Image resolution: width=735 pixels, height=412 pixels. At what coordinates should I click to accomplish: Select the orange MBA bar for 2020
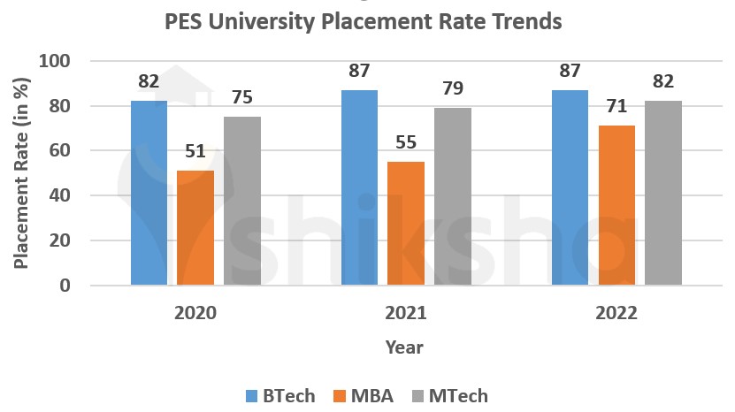[x=195, y=227]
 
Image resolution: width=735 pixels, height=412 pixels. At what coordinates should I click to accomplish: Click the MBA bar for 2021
[x=406, y=223]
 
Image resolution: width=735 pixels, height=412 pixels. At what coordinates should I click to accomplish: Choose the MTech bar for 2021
[x=452, y=196]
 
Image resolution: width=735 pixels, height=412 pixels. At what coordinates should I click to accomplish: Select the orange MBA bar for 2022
[x=616, y=205]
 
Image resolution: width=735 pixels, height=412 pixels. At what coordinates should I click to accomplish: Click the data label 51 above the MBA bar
[x=195, y=151]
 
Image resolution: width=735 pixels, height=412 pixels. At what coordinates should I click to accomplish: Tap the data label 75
[x=241, y=98]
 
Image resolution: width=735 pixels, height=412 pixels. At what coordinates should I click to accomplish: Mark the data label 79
[x=452, y=88]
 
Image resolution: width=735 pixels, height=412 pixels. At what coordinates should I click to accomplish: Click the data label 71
[x=616, y=107]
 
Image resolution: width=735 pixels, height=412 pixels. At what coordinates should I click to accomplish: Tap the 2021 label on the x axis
[x=406, y=314]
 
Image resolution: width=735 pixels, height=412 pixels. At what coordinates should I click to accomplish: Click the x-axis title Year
[x=404, y=347]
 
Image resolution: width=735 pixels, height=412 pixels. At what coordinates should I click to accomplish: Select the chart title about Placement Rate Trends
[x=363, y=21]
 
